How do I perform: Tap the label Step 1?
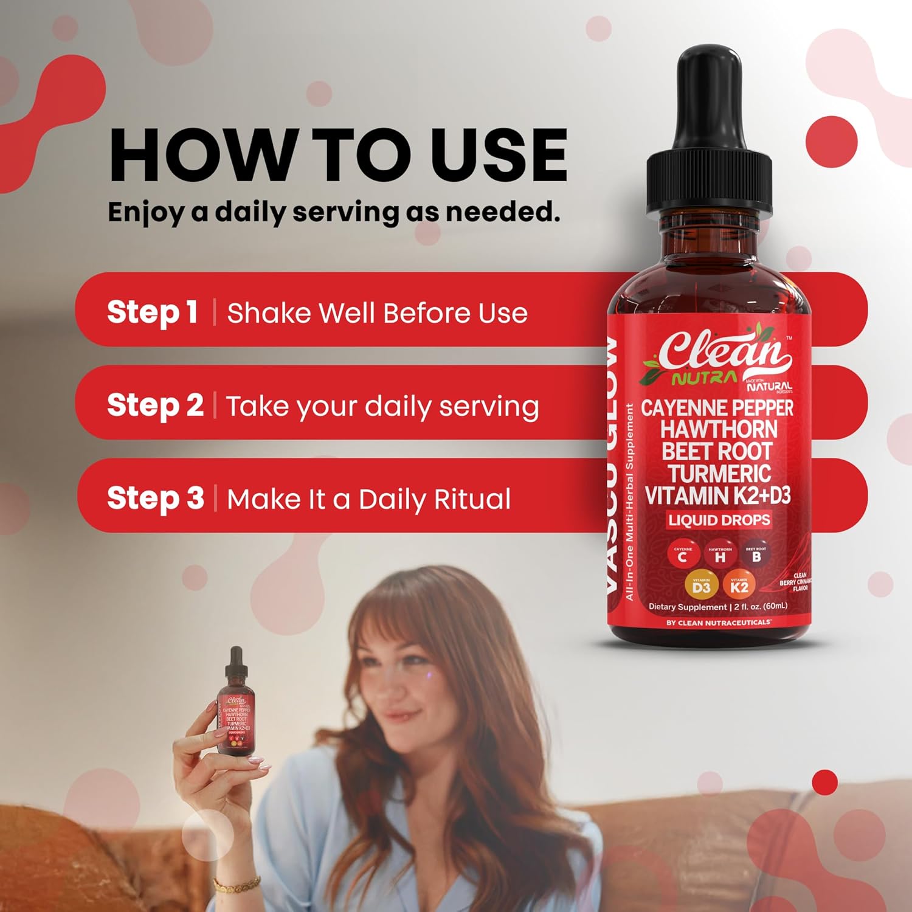coord(152,312)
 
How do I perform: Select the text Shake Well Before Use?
coord(377,313)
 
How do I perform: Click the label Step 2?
coord(155,406)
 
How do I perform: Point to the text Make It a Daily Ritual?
coord(368,499)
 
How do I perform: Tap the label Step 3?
coord(155,498)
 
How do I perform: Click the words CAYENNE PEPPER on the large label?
coord(717,408)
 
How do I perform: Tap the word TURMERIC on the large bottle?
coord(719,474)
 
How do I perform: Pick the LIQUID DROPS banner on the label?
coord(719,520)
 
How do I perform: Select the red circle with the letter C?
coord(683,556)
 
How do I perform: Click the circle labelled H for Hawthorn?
coord(720,556)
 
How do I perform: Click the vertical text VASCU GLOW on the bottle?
coord(612,465)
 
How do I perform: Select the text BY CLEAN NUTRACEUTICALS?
coord(719,623)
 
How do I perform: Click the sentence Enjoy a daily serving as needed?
coord(334,212)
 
